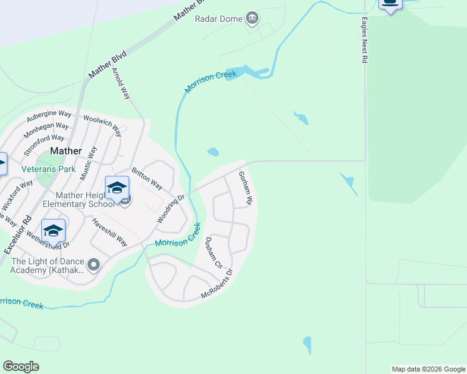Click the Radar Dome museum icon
pyautogui.click(x=252, y=18)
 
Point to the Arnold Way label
pyautogui.click(x=121, y=84)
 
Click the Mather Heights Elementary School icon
pyautogui.click(x=117, y=188)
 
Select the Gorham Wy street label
pyautogui.click(x=245, y=189)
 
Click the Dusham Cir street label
pyautogui.click(x=214, y=253)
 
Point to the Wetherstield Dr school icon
pyautogui.click(x=54, y=231)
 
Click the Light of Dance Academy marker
pyautogui.click(x=94, y=266)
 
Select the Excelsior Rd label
pyautogui.click(x=17, y=234)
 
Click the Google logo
pyautogui.click(x=21, y=367)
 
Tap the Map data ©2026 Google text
pyautogui.click(x=428, y=369)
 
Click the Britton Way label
pyautogui.click(x=147, y=179)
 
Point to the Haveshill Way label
pyautogui.click(x=109, y=232)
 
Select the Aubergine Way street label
pyautogui.click(x=49, y=115)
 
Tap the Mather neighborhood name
pyautogui.click(x=66, y=151)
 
